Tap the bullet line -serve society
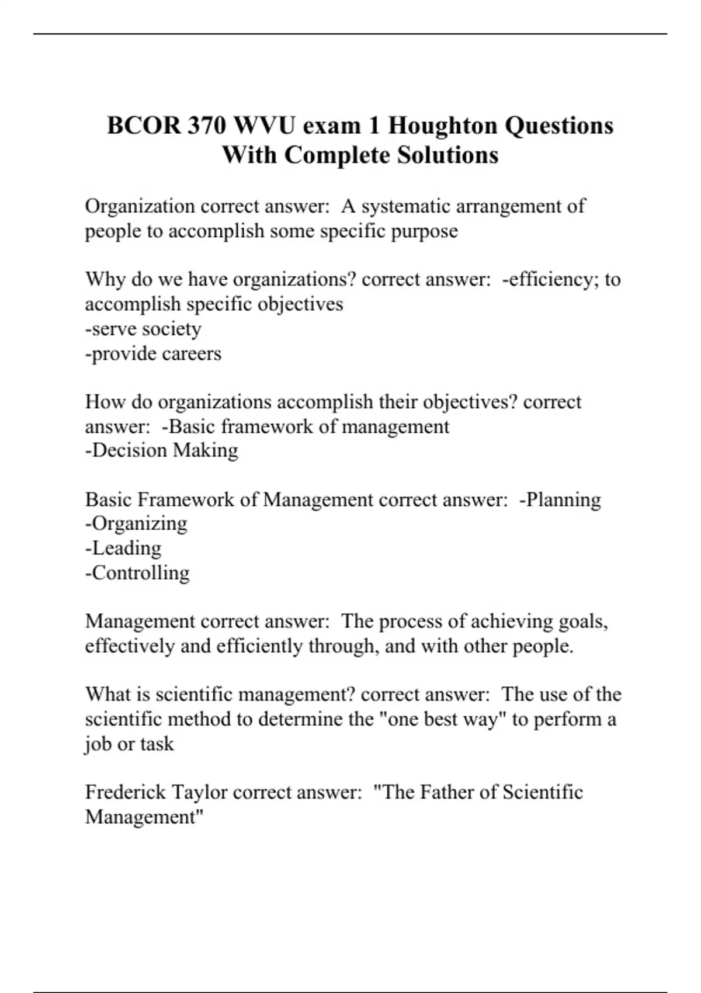[143, 329]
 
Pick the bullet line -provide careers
[153, 354]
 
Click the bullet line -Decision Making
[162, 450]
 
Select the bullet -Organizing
[136, 524]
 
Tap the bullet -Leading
[123, 548]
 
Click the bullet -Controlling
[137, 573]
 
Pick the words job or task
[129, 744]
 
